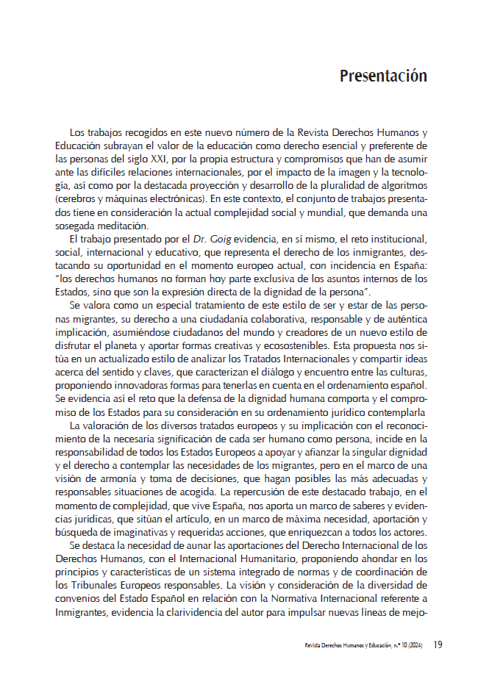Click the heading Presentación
pos(383,76)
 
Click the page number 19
pos(437,645)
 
